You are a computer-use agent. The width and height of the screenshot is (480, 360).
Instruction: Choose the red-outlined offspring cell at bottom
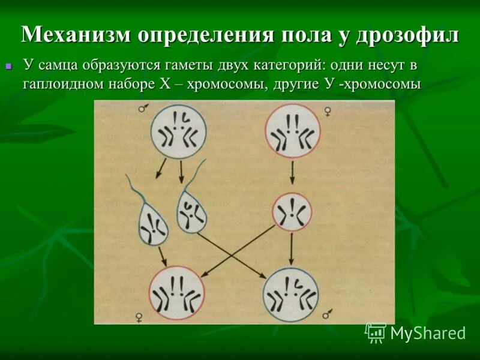175,292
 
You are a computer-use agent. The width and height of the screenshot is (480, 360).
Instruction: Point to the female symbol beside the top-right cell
328,110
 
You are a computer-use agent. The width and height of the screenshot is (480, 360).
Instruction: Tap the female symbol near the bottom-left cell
140,317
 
